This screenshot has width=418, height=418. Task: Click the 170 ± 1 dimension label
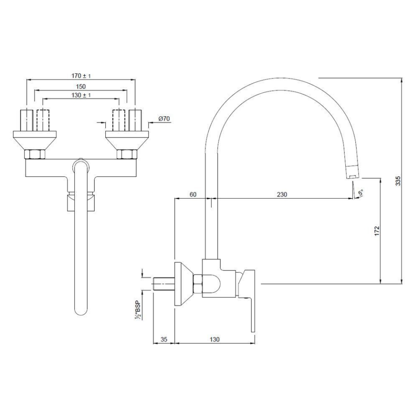tap(81, 76)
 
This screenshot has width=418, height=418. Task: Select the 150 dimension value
tap(81, 86)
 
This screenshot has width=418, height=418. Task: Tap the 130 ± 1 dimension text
tap(81, 95)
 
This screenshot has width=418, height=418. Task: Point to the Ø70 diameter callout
tap(164, 118)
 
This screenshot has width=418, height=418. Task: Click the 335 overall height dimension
tap(398, 181)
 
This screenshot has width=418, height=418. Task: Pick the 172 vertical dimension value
tap(377, 230)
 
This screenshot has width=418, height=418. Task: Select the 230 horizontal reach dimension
tap(282, 195)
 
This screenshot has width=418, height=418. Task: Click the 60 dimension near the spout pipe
tap(193, 195)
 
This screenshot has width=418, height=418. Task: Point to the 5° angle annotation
tap(359, 192)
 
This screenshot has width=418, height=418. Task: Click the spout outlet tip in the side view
tap(353, 175)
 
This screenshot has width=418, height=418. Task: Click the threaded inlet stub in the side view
tap(164, 284)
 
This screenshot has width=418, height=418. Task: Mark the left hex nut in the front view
tap(34, 154)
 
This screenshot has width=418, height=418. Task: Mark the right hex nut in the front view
tap(127, 154)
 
